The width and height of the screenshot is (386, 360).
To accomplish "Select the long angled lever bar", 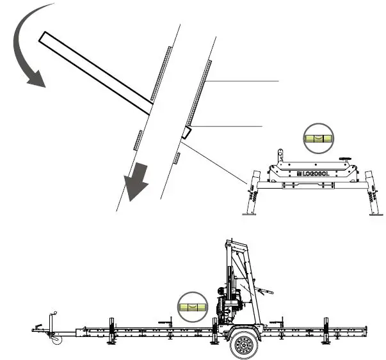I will tap(96, 74).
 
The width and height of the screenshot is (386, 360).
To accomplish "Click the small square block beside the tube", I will tap(186, 132).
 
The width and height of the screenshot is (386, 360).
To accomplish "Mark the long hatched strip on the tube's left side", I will tap(159, 74).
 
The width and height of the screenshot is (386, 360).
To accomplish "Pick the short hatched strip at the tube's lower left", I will tap(138, 140).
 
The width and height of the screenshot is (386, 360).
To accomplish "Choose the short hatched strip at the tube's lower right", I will tap(176, 157).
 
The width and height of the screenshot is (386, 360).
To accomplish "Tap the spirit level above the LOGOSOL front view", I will tap(318, 138).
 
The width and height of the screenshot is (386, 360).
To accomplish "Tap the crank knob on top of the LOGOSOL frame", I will tap(347, 157).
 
